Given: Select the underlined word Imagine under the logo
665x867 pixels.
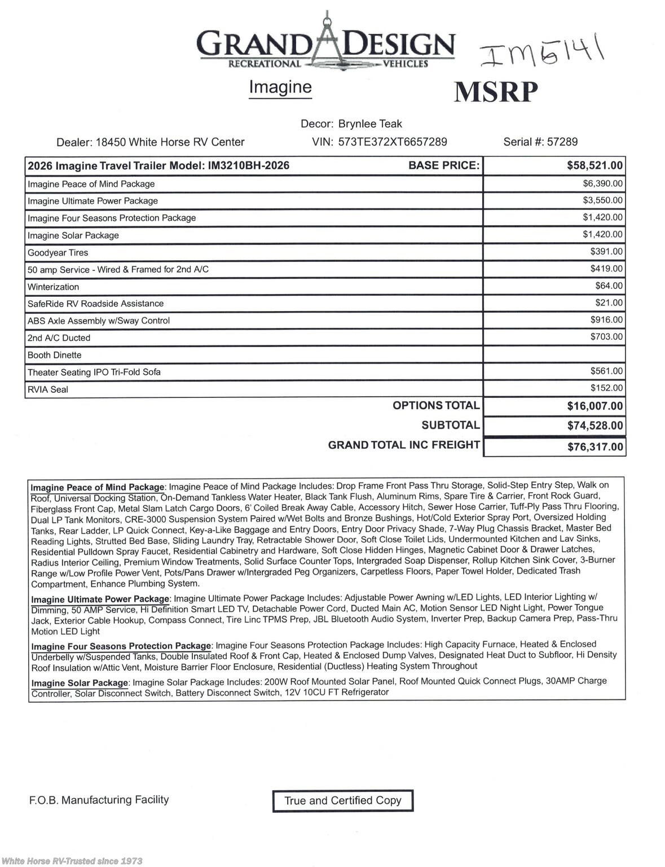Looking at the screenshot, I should pyautogui.click(x=280, y=87).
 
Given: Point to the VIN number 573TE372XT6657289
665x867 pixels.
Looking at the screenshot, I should pyautogui.click(x=393, y=142).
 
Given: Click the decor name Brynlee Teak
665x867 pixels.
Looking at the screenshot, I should pyautogui.click(x=370, y=124).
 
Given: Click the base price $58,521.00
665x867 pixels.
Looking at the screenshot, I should pyautogui.click(x=594, y=165).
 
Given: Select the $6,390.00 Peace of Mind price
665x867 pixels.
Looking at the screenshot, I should pyautogui.click(x=602, y=183).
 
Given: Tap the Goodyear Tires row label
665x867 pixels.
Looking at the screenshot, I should pyautogui.click(x=58, y=253).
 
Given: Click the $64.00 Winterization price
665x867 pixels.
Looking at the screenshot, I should pyautogui.click(x=609, y=286).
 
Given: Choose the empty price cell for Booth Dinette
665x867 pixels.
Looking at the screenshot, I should pyautogui.click(x=554, y=354).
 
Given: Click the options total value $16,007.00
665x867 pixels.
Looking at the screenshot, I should pyautogui.click(x=594, y=406).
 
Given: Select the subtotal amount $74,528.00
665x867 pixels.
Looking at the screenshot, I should pyautogui.click(x=594, y=426).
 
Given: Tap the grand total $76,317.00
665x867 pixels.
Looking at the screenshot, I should pyautogui.click(x=595, y=447).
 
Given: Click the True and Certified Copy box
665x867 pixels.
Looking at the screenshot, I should pyautogui.click(x=342, y=801).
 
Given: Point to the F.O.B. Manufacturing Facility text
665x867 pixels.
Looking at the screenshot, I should pyautogui.click(x=99, y=800).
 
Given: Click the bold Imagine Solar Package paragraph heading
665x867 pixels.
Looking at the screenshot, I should pyautogui.click(x=80, y=683).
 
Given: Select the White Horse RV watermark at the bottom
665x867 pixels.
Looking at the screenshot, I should pyautogui.click(x=72, y=861).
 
